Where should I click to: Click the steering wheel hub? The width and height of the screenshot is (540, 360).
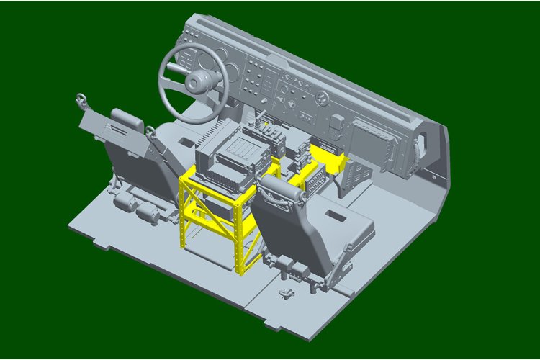[195, 84]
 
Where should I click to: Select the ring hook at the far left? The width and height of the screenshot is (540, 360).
[78, 98]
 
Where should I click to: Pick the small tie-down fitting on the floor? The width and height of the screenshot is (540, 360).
[287, 294]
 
